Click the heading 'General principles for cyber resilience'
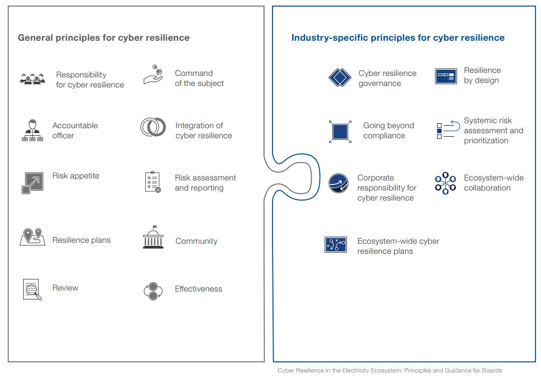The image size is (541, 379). click(104, 38)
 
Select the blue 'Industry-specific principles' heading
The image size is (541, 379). click(398, 38)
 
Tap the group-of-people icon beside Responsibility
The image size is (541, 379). click(33, 79)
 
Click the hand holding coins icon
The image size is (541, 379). click(153, 74)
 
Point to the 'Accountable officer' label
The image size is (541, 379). click(75, 130)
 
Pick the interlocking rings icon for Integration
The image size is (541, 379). click(153, 127)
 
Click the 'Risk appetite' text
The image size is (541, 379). click(75, 176)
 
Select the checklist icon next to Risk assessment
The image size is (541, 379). click(153, 182)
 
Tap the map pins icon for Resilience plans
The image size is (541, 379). click(33, 237)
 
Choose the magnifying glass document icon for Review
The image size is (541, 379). click(32, 290)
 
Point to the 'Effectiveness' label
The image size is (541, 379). click(199, 289)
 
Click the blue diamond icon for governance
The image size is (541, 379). click(340, 77)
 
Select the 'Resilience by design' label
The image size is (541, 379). click(482, 75)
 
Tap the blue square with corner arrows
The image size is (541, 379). click(340, 132)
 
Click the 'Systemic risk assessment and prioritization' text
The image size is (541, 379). click(493, 130)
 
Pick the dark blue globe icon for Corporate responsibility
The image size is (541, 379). click(338, 183)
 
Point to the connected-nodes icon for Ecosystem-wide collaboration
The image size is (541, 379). click(445, 183)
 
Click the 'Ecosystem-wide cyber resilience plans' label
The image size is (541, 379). click(398, 246)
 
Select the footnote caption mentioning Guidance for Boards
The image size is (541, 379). click(390, 370)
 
